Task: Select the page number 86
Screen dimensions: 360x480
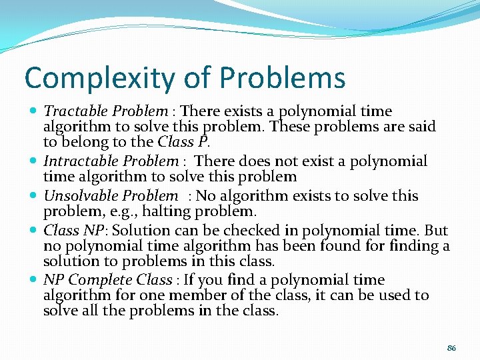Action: [451, 348]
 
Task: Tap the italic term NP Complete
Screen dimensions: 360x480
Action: [87, 280]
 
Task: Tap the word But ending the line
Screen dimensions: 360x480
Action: [436, 231]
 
